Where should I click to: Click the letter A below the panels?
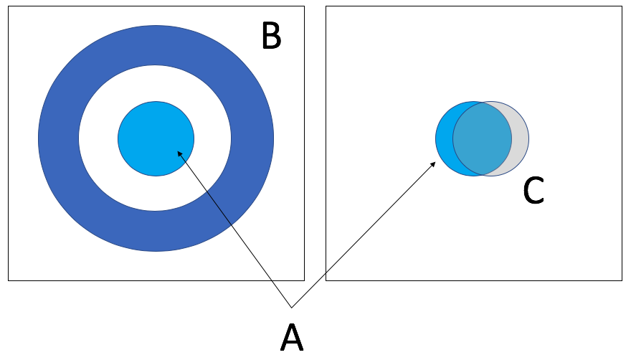point(291,338)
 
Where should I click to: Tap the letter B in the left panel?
point(271,36)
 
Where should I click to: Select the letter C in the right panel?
point(533,191)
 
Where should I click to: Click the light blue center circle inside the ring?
point(156,133)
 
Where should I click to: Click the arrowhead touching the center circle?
point(179,152)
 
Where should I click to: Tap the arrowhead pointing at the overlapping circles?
point(434,164)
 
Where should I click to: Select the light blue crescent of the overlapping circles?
point(444,138)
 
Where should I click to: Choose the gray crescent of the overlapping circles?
point(521,138)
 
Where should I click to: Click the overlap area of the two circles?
point(482,138)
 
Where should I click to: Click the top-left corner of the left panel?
point(9,7)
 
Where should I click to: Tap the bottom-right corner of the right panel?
point(622,280)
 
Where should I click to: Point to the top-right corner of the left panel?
point(304,7)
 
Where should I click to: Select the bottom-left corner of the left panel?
point(9,280)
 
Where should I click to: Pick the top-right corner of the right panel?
point(622,7)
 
